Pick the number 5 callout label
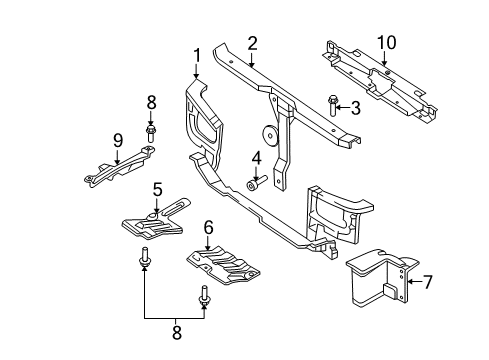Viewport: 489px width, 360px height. pyautogui.click(x=158, y=188)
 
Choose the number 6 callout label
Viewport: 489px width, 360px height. pyautogui.click(x=209, y=228)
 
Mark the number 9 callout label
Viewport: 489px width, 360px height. pyautogui.click(x=118, y=140)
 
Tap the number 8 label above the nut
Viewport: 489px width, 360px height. pyautogui.click(x=152, y=101)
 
